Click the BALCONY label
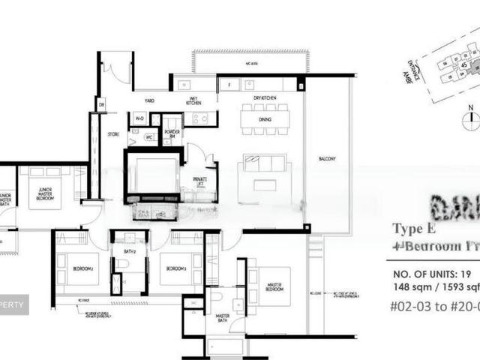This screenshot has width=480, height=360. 327,159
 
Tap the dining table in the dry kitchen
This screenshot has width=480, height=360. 265,118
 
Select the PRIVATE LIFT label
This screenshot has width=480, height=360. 200,181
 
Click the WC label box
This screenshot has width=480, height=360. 148,136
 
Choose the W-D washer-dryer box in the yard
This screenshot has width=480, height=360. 139,118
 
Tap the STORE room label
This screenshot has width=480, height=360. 113,135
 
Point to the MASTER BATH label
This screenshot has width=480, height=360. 223,316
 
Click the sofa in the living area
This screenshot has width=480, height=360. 265,163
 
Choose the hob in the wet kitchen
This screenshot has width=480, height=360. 200,118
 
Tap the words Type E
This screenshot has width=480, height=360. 410,229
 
